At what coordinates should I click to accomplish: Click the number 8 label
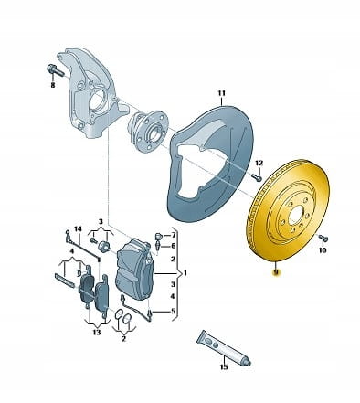(53, 85)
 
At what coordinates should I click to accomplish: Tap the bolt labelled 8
(56, 71)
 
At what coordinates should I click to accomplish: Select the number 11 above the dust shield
(221, 93)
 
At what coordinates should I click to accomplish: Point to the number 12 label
(259, 164)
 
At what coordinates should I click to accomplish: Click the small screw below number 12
(257, 176)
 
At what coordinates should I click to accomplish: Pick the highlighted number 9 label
(276, 271)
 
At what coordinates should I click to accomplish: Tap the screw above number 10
(323, 239)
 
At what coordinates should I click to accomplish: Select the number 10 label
(323, 250)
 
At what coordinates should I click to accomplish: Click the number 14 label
(79, 228)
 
